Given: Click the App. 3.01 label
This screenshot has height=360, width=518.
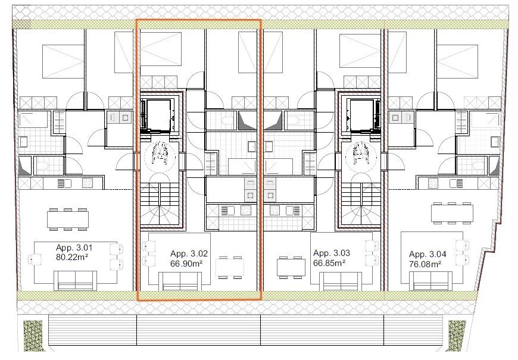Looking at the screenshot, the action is click(74, 248).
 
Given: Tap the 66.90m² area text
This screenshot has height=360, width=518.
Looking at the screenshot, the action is click(186, 264).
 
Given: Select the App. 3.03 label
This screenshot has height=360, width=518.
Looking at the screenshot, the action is click(332, 253).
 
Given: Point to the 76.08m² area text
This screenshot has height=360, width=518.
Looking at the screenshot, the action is click(425, 265).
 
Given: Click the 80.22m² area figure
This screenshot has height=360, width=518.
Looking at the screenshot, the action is click(72, 257).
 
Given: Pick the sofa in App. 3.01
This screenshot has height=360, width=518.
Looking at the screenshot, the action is click(76, 281).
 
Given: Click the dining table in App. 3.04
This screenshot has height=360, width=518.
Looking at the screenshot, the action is click(451, 214).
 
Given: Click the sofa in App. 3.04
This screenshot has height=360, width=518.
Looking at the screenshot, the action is click(431, 281).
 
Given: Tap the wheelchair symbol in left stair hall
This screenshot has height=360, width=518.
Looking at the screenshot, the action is click(160, 154).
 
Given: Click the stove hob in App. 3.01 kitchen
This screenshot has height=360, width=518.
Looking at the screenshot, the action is click(88, 183).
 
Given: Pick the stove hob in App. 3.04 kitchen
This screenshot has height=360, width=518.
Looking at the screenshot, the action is click(433, 183).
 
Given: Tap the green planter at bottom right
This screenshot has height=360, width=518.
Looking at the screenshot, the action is click(457, 336).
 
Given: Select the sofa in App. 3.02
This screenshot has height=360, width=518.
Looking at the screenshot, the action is click(180, 281).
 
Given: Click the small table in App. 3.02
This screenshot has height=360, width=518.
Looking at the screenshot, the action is click(229, 267).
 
